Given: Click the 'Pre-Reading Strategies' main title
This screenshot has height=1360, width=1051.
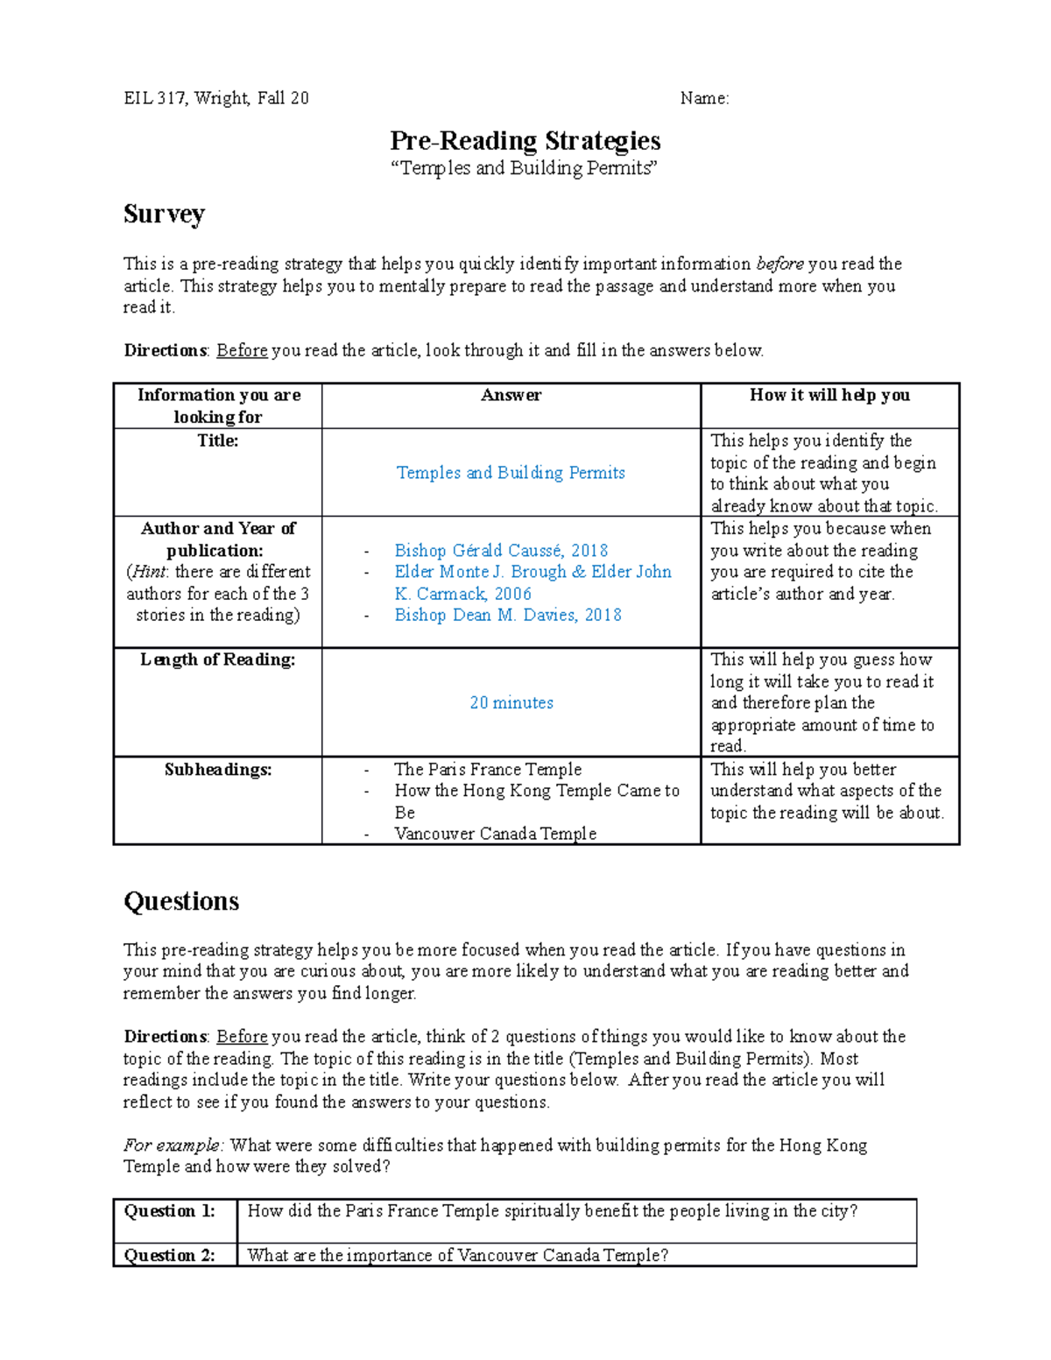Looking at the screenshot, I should [x=525, y=141].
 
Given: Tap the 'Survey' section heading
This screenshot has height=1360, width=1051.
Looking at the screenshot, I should [x=164, y=214].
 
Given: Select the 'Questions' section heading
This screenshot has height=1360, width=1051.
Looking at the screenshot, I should [x=181, y=901].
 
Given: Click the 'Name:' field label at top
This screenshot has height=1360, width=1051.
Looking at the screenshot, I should [x=704, y=98].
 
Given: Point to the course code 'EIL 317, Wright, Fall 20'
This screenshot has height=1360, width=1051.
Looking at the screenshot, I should [x=215, y=98].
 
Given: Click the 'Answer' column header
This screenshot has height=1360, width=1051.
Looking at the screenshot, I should [x=511, y=395].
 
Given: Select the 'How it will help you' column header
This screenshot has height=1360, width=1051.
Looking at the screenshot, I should [x=829, y=395].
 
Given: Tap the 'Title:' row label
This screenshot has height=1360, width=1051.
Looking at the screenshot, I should [x=217, y=440].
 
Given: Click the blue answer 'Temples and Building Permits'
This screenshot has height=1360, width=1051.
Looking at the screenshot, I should [x=511, y=473].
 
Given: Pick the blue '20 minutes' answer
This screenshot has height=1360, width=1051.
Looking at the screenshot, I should [x=511, y=702].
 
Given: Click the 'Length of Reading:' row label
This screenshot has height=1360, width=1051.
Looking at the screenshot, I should [x=217, y=659].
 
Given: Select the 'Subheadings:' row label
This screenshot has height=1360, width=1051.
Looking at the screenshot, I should [x=217, y=770].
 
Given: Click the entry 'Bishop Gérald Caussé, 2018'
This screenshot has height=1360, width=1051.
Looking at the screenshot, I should [x=501, y=550].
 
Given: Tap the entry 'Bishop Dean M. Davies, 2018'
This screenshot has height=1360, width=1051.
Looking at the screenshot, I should [x=508, y=615].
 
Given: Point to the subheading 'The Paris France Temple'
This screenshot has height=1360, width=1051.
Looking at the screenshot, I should [x=488, y=769].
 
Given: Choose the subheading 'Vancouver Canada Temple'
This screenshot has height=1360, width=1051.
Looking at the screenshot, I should [x=495, y=834].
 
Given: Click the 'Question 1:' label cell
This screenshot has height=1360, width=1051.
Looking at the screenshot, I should [x=170, y=1211].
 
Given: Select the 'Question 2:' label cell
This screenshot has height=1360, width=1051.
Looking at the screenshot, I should [x=170, y=1255].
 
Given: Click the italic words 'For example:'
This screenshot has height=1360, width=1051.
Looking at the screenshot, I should [x=173, y=1145].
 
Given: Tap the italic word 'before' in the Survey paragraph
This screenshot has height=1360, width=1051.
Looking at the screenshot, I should [x=779, y=264].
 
